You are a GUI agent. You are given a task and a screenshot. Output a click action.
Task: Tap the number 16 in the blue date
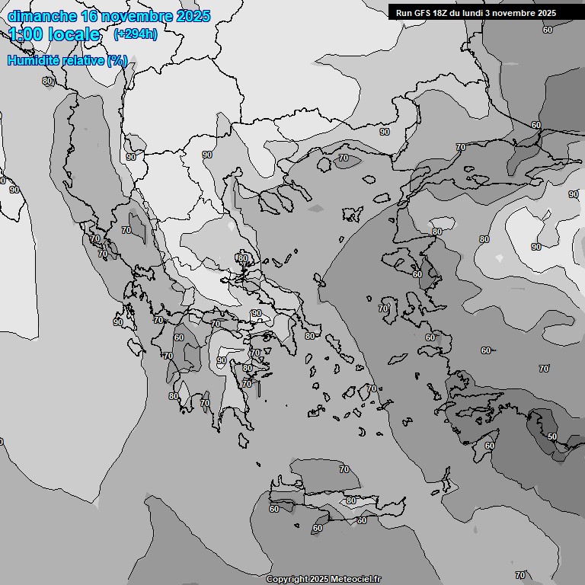[x=90, y=16]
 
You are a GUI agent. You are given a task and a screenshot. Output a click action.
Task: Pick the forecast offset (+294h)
[x=135, y=34]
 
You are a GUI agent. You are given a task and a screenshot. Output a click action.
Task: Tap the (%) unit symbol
[x=117, y=60]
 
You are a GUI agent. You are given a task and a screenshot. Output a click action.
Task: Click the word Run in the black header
[x=404, y=13]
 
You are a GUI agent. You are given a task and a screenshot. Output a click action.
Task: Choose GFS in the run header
[x=424, y=13]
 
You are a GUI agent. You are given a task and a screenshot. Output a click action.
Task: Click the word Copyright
[x=287, y=579]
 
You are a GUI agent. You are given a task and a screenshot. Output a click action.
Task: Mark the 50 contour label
[x=552, y=436]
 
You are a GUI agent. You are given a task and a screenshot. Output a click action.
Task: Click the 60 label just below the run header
[x=548, y=30]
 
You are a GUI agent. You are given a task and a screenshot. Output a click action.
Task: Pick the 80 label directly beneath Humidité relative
[x=47, y=81]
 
